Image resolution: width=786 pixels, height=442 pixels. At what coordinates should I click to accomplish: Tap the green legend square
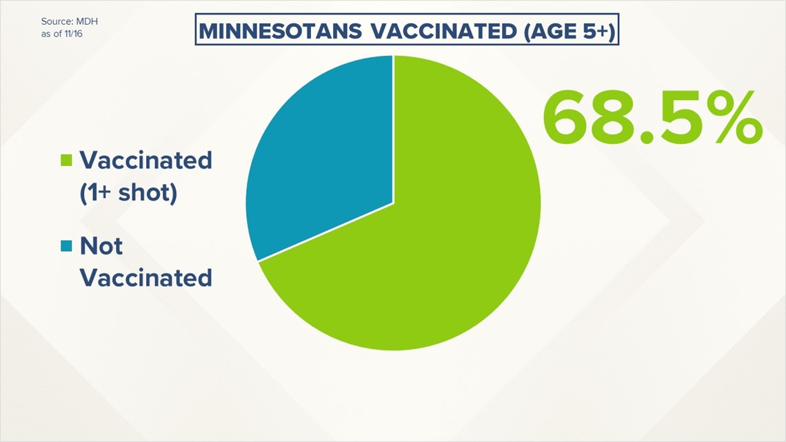click(66, 160)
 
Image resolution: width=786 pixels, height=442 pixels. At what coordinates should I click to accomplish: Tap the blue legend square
click(66, 246)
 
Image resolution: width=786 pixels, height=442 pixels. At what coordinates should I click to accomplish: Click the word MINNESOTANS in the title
click(280, 31)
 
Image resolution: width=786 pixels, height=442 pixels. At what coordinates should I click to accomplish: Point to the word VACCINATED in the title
click(444, 31)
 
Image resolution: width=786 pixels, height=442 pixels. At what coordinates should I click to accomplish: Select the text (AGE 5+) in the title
click(570, 31)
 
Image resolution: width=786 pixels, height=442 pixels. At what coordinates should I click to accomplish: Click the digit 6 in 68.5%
click(565, 117)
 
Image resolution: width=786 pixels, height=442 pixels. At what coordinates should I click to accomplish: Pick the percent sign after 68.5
click(732, 117)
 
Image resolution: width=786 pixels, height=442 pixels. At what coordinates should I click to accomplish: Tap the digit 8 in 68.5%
click(612, 117)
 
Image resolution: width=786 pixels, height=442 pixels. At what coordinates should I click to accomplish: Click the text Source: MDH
click(69, 21)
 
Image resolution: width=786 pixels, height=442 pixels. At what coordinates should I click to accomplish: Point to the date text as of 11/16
click(61, 34)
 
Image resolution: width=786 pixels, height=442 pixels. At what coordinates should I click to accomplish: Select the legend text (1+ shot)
click(128, 192)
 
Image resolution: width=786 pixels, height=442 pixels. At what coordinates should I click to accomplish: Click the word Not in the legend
click(101, 246)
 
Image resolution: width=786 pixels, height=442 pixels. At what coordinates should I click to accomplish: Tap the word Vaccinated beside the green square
click(146, 161)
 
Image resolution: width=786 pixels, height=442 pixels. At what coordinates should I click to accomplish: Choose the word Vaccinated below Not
click(146, 278)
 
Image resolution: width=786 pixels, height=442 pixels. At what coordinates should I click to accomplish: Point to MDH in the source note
click(87, 21)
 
